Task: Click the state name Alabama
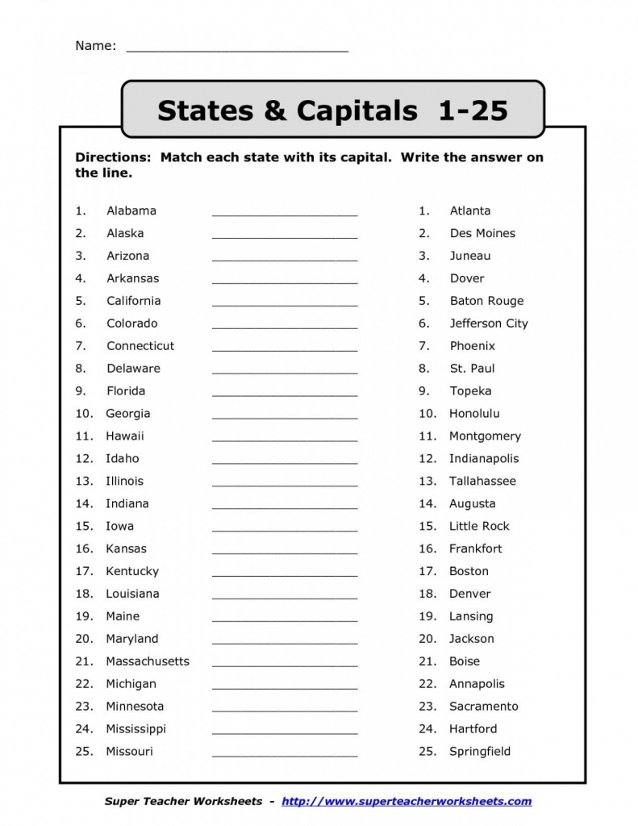pos(131,211)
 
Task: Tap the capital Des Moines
pos(482,233)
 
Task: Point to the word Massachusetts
pos(148,661)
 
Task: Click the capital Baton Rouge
pos(486,301)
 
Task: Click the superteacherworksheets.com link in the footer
pos(407,801)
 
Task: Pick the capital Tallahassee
pos(482,481)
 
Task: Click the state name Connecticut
pos(140,346)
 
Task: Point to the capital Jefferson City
pos(489,323)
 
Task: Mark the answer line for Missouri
pos(284,756)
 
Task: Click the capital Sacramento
pos(484,707)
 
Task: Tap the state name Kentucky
pos(132,571)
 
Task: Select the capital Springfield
pos(480,752)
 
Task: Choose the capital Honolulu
pos(474,414)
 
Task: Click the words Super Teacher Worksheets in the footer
pos(183,801)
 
